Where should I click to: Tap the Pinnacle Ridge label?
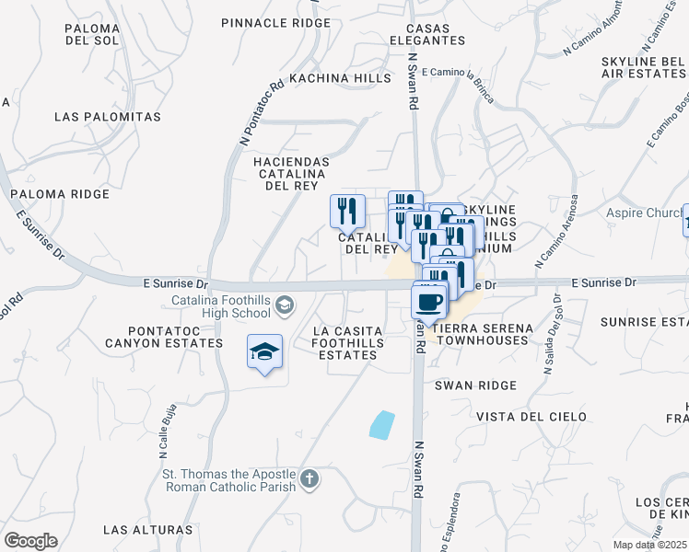[x=275, y=22]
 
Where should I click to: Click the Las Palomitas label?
[x=107, y=117]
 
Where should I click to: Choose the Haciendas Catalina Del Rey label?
[x=290, y=173]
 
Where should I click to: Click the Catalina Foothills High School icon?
[x=286, y=305]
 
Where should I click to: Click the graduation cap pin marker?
[x=264, y=351]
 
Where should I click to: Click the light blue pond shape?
[x=381, y=424]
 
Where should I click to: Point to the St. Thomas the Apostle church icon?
[x=309, y=478]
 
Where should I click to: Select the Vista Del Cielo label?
[x=531, y=417]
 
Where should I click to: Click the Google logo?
[x=30, y=541]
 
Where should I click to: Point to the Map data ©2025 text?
[x=650, y=545]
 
